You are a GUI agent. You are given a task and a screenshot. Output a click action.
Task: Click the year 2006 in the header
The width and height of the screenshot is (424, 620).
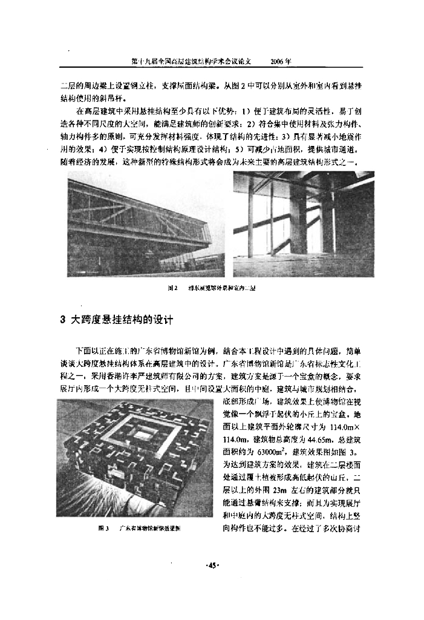pos(281,62)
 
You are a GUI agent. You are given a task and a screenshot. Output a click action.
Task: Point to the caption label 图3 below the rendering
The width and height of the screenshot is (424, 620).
pos(103,528)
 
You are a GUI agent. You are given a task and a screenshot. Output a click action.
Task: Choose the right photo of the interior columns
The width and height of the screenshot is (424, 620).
pos(303,224)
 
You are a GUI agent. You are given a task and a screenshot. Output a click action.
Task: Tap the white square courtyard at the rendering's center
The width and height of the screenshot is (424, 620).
pos(143,434)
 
